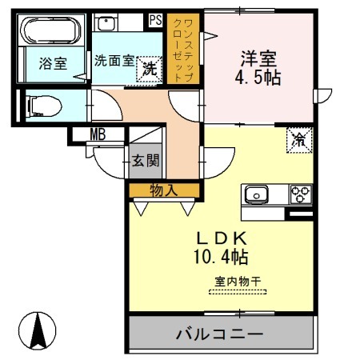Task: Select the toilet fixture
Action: [x=44, y=106]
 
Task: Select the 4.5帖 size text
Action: [x=257, y=79]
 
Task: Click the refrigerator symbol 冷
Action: [x=298, y=139]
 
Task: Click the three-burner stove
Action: [x=300, y=194]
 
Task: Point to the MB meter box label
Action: [x=98, y=134]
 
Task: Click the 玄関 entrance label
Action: [x=147, y=160]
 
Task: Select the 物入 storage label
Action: [x=163, y=190]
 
